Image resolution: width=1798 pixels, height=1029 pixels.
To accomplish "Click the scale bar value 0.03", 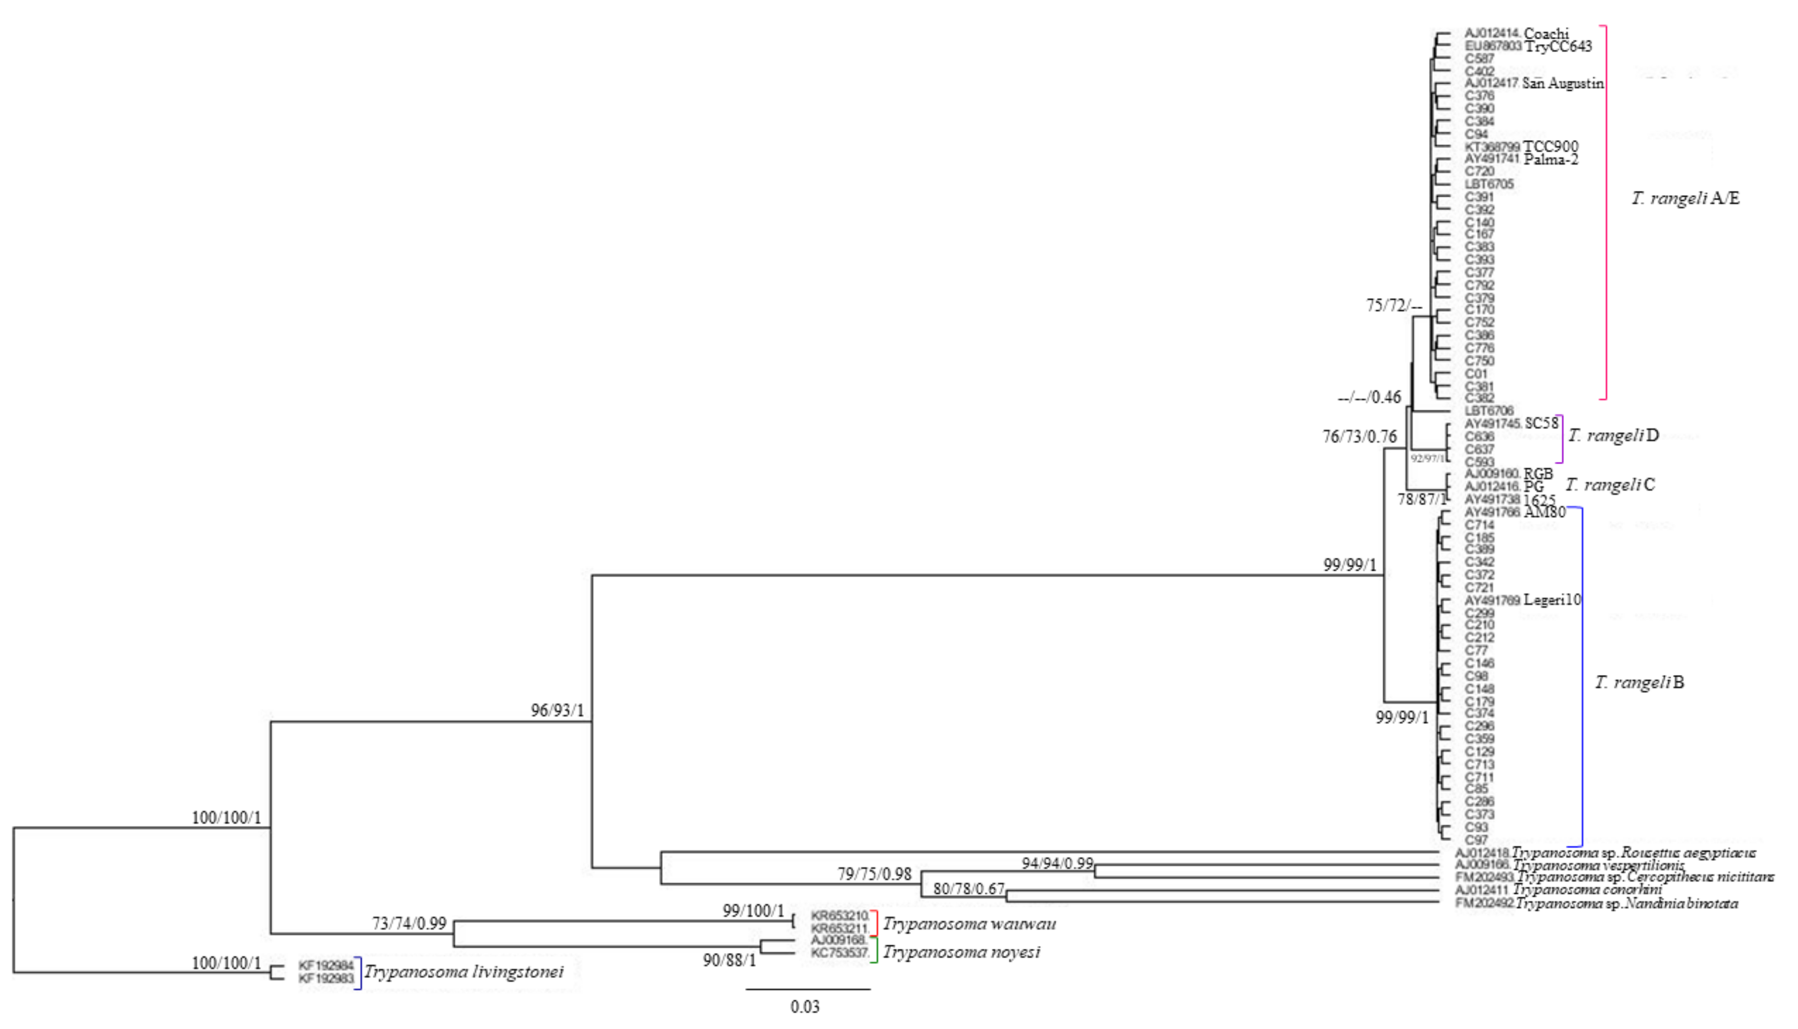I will click(805, 1006).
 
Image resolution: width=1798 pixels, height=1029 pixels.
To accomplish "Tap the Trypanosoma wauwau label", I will click(969, 924).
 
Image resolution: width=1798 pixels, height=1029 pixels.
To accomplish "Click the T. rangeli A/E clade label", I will click(1685, 198).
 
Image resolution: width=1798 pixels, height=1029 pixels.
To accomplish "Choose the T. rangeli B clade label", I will click(1640, 682).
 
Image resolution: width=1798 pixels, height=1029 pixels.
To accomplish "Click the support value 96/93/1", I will click(558, 710).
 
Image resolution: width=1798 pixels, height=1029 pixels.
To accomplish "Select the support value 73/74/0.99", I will click(409, 923).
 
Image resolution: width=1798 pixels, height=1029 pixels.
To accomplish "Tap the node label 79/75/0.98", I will click(874, 874).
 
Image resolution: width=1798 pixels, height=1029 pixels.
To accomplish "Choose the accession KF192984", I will click(326, 965).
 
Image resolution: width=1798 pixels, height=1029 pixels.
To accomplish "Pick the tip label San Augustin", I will click(1563, 84).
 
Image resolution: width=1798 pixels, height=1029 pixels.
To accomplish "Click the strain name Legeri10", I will click(1552, 600).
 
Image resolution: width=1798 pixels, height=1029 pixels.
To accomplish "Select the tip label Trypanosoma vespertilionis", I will click(1599, 865).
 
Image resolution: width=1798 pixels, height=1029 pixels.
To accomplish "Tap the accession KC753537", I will click(839, 953).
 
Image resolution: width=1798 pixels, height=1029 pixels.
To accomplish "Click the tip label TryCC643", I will click(1558, 47).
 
